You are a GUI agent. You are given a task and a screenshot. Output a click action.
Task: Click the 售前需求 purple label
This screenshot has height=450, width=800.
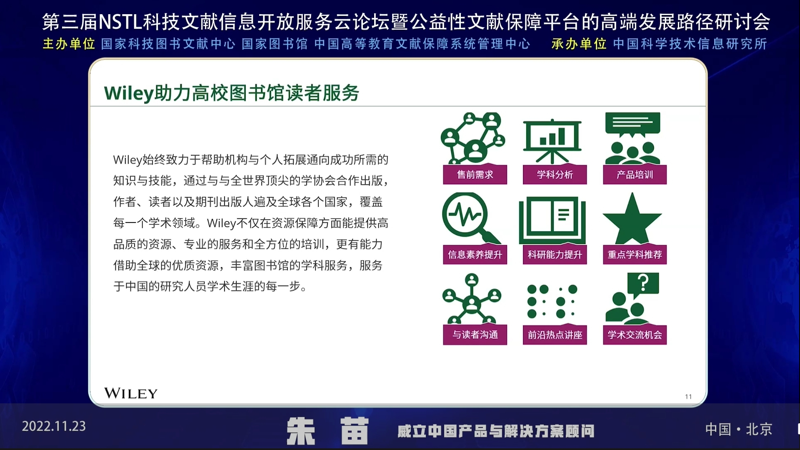coord(475,175)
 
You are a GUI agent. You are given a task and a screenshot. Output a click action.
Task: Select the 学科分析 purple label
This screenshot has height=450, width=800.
coord(555,175)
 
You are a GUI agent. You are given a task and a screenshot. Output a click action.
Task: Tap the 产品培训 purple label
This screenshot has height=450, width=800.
coord(635,175)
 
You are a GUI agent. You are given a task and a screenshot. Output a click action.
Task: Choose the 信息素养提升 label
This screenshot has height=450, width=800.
coord(475,255)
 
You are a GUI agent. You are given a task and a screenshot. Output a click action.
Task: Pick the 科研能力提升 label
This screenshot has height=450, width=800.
coord(555,255)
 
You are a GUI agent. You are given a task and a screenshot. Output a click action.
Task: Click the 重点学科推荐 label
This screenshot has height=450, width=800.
coord(635,255)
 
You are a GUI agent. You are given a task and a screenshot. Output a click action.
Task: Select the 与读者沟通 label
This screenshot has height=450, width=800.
coord(475,335)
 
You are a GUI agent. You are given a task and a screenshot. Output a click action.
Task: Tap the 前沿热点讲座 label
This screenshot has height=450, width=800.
coord(555,335)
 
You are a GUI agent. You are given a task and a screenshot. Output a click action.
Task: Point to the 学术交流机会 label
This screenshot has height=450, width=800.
coord(635,335)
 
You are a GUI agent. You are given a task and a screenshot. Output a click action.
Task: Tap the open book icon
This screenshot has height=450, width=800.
coord(552,220)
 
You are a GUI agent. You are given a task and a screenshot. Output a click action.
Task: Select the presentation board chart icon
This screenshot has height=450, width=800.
coord(552,142)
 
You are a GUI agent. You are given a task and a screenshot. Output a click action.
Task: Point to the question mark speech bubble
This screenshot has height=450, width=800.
coord(643,284)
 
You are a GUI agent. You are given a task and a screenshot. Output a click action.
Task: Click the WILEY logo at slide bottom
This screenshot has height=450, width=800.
coord(131,393)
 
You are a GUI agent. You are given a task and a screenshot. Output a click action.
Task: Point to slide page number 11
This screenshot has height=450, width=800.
coord(688,397)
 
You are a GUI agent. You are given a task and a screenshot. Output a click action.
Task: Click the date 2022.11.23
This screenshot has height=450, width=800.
coord(54,426)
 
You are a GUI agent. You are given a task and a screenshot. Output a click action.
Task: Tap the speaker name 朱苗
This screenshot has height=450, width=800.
coord(327,431)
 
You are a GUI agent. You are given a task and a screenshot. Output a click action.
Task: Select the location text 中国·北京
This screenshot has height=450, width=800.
coord(739,429)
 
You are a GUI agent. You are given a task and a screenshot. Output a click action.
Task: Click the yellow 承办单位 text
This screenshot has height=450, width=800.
coord(579,44)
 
